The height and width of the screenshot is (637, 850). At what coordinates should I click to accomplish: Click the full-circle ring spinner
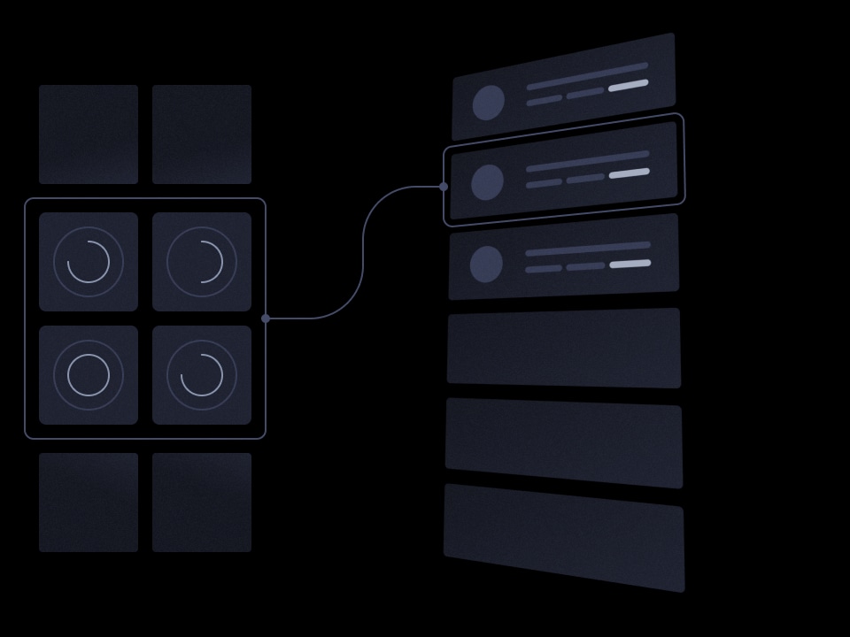pos(89,375)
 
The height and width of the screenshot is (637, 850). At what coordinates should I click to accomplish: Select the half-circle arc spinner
pos(202,262)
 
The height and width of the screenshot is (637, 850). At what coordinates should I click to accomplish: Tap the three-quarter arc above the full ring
pos(89,262)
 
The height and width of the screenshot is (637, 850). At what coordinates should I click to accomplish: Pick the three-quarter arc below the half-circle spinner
pos(202,375)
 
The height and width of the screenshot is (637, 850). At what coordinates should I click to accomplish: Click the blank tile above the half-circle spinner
pos(202,134)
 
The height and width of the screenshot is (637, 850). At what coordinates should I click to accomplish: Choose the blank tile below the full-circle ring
pos(89,503)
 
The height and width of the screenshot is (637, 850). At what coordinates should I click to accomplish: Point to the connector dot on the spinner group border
pos(266,318)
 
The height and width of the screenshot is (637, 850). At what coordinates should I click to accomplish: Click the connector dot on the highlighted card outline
pos(444,187)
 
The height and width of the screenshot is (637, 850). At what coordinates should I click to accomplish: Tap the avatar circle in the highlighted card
pos(487,182)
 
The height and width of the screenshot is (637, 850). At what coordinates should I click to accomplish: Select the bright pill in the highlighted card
pos(630,173)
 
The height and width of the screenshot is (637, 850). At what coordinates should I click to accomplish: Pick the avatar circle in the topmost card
pos(488,103)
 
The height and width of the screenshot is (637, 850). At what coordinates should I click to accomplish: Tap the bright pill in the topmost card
pos(629,85)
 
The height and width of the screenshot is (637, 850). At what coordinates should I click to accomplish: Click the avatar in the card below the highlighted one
pos(486,265)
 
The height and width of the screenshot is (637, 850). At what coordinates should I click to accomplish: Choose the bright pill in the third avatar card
pos(630,264)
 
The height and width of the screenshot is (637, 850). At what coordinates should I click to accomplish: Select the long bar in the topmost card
pos(587,75)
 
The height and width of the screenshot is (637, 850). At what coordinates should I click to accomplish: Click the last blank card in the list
pos(564,536)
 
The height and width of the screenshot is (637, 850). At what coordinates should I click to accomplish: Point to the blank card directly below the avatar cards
pos(564,348)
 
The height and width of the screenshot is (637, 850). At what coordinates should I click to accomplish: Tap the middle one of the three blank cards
pos(564,442)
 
